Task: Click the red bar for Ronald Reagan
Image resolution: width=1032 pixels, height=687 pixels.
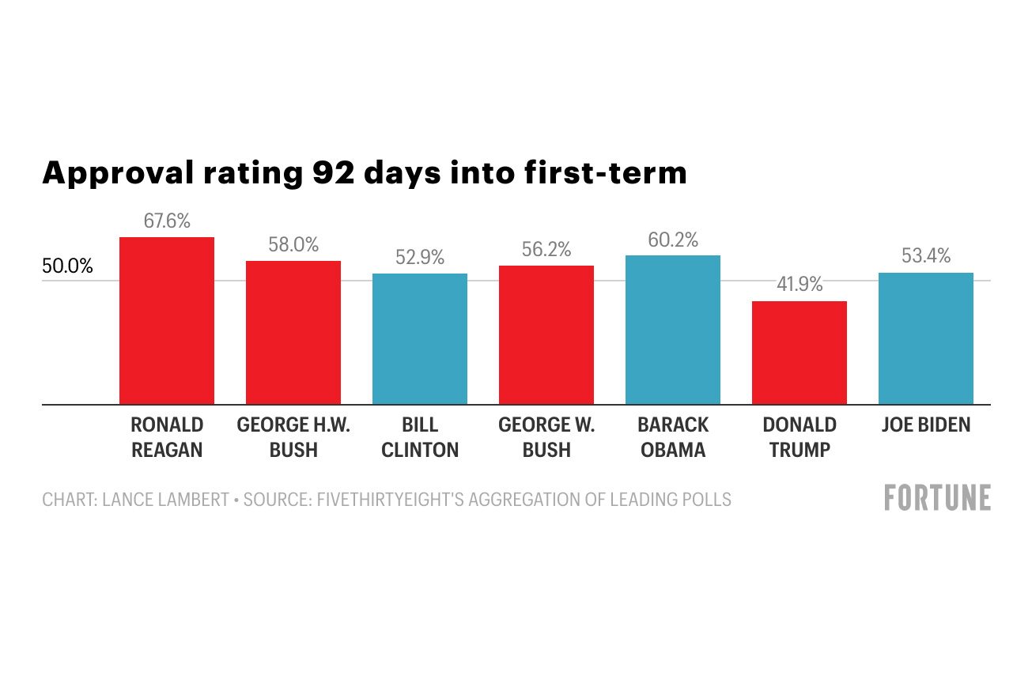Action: (167, 321)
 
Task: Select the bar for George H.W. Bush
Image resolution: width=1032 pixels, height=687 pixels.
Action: (293, 333)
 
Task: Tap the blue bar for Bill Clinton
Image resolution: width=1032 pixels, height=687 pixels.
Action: (420, 339)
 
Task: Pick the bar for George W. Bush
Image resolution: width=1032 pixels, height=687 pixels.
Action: (546, 335)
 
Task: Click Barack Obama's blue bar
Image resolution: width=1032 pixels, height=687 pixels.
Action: (673, 330)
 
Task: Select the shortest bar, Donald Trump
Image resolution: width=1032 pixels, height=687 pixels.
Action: (800, 353)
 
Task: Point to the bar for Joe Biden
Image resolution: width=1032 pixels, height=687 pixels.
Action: (926, 338)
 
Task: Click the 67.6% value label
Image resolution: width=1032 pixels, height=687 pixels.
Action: (167, 221)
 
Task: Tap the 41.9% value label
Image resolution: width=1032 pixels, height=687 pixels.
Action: (800, 285)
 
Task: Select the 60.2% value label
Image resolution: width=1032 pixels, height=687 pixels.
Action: (673, 240)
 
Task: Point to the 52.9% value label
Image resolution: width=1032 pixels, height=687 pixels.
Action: (420, 258)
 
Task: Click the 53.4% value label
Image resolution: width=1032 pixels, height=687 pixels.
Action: (926, 256)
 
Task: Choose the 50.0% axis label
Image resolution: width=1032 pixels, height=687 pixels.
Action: (67, 266)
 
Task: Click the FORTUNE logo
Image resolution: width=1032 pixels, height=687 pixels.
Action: (937, 499)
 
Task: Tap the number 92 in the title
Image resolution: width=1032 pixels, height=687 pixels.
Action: (324, 172)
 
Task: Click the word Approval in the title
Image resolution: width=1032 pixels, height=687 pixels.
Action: (115, 172)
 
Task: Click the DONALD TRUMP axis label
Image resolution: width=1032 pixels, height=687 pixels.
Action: (800, 437)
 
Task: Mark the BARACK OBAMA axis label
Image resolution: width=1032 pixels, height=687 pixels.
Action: (673, 437)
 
